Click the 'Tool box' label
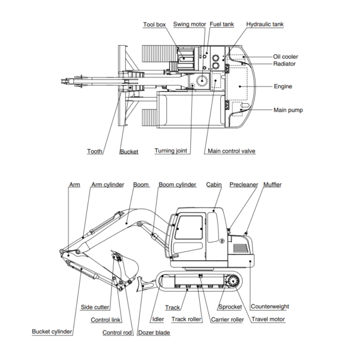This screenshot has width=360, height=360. [x=154, y=25]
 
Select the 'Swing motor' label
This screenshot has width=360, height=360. [x=190, y=25]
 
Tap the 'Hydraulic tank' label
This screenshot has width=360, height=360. [x=265, y=25]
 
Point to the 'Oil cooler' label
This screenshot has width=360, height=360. [x=286, y=56]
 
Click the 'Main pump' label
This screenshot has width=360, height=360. [x=288, y=110]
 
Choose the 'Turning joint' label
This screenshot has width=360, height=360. [x=172, y=151]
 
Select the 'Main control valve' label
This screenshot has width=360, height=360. [x=231, y=151]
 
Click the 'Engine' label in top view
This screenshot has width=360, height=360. [x=283, y=86]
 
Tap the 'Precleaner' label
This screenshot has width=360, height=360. [x=244, y=185]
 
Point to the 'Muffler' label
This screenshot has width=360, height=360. [x=272, y=185]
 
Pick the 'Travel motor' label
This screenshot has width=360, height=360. [x=268, y=319]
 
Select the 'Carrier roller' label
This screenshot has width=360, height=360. [x=227, y=319]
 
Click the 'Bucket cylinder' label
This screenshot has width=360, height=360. [x=52, y=331]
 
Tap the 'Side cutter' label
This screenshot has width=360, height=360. [x=95, y=307]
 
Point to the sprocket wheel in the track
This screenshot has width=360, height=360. [x=230, y=281]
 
